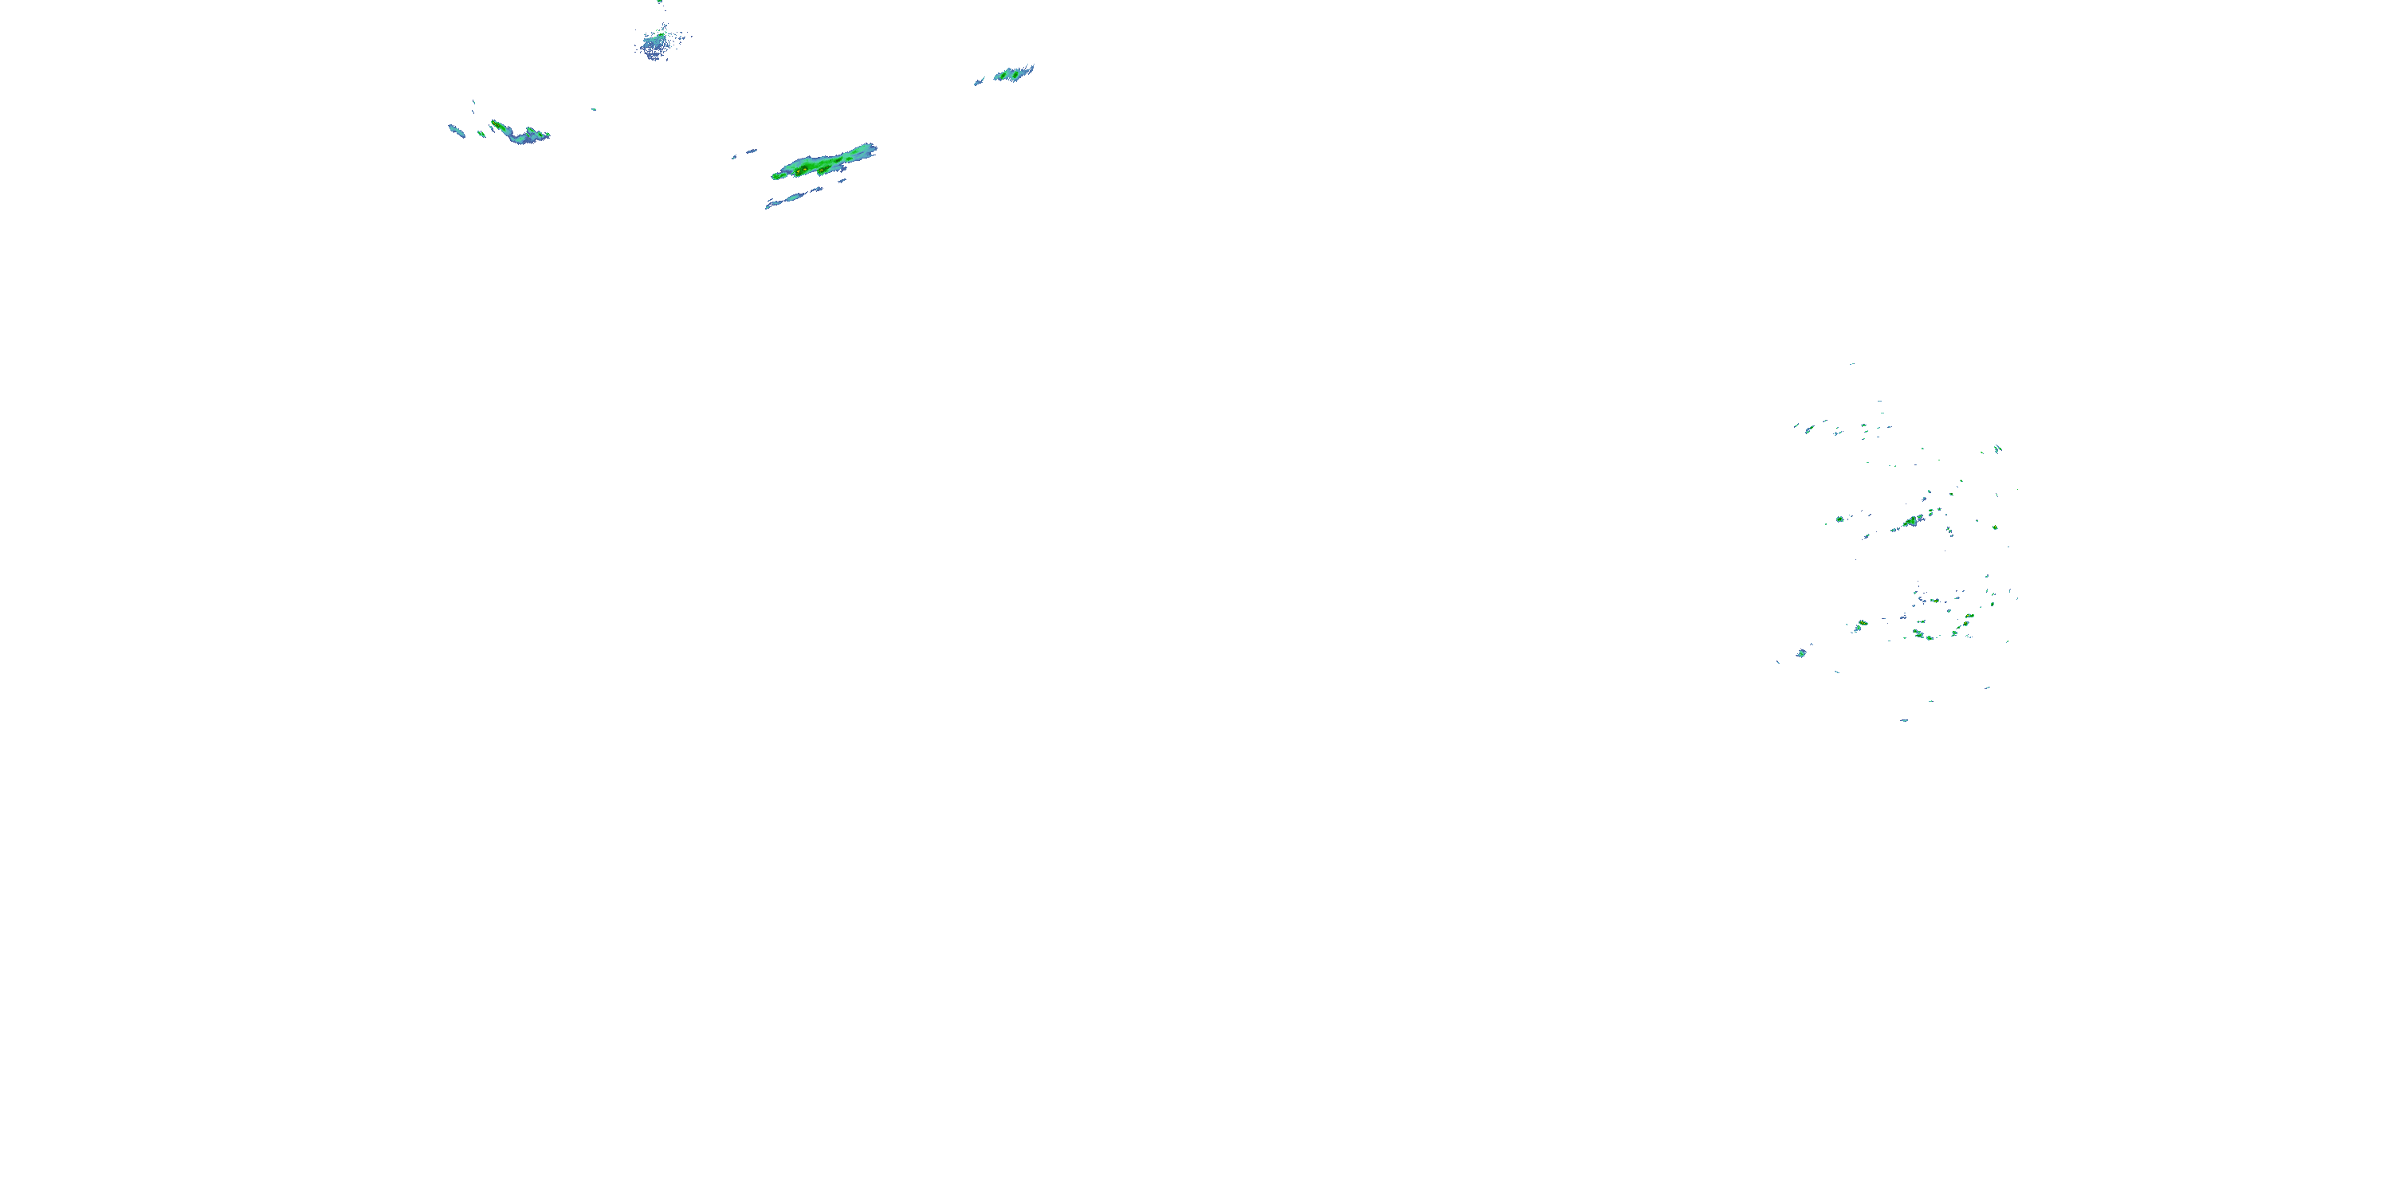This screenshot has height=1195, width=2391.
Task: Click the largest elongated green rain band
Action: (822, 163)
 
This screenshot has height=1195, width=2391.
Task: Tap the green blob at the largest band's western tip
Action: (777, 175)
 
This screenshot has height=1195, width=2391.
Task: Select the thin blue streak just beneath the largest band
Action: (794, 198)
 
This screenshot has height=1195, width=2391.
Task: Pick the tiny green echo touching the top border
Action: (659, 2)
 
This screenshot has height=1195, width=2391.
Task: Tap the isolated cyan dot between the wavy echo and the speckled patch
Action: (594, 109)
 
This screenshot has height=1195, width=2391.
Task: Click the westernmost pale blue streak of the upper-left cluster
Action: (456, 130)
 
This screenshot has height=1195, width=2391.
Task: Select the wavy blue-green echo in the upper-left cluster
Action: (520, 134)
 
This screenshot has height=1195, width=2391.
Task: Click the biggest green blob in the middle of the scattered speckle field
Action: (1910, 522)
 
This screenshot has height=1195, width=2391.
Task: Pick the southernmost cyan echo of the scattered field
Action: (1904, 720)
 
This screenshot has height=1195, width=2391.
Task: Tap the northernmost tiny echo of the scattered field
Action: (1851, 364)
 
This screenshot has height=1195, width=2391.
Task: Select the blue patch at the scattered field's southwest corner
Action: (1801, 653)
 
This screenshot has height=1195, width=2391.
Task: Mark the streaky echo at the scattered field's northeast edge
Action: (1997, 449)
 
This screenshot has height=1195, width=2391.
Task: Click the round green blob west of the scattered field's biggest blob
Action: (1840, 519)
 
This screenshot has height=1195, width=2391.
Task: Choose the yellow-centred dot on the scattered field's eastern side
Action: (1994, 527)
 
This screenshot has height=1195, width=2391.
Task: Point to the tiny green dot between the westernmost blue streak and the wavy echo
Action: (481, 134)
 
